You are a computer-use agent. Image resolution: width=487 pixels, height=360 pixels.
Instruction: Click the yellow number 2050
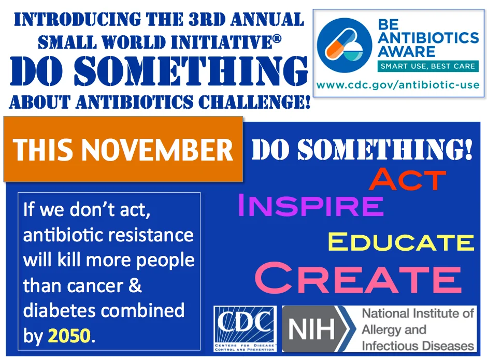pyautogui.click(x=69, y=336)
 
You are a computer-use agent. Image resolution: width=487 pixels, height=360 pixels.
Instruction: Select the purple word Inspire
pyautogui.click(x=311, y=205)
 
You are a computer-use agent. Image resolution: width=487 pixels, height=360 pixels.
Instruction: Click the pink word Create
pyautogui.click(x=358, y=277)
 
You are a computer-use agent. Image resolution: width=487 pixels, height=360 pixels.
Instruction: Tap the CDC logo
pyautogui.click(x=245, y=328)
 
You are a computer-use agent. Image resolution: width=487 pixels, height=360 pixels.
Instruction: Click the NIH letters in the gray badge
pyautogui.click(x=312, y=329)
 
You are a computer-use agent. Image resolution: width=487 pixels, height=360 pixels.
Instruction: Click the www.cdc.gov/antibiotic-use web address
pyautogui.click(x=398, y=85)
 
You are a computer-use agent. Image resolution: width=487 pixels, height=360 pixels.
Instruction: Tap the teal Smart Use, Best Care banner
pyautogui.click(x=428, y=66)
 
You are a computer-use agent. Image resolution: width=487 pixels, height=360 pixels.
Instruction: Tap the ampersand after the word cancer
pyautogui.click(x=135, y=285)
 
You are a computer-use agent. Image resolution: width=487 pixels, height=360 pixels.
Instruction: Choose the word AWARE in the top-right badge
pyautogui.click(x=407, y=51)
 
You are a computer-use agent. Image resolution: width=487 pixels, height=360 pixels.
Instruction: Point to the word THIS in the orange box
pyautogui.click(x=46, y=149)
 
